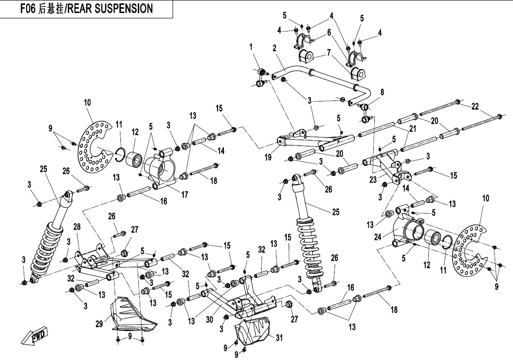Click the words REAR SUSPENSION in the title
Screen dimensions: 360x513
point(111,9)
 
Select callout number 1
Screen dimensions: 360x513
point(251,47)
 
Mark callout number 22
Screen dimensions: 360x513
point(475,106)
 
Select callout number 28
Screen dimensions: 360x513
point(77,227)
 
